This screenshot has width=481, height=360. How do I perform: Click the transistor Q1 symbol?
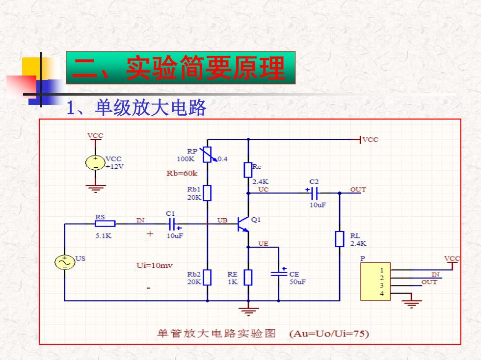243,224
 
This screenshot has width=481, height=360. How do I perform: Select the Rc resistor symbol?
248,170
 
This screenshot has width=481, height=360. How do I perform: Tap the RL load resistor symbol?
339,239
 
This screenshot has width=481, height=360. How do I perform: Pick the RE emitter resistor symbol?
248,278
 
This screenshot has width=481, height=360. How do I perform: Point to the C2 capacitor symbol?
314,193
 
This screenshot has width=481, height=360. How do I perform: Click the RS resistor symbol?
105,224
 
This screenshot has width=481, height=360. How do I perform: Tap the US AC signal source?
65,262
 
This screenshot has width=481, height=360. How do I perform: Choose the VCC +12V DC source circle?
95,162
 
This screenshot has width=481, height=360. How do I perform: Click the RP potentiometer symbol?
207,154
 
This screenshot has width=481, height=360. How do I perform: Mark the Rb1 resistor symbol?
207,193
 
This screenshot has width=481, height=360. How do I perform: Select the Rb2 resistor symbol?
207,278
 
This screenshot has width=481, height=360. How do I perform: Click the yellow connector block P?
375,282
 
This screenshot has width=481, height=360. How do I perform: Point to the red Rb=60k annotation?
182,173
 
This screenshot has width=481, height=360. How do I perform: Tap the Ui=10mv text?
155,265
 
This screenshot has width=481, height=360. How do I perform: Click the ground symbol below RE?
248,311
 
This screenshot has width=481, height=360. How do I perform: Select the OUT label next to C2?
358,189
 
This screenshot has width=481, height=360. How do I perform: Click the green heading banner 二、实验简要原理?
181,68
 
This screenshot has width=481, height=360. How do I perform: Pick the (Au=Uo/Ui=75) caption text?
329,334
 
